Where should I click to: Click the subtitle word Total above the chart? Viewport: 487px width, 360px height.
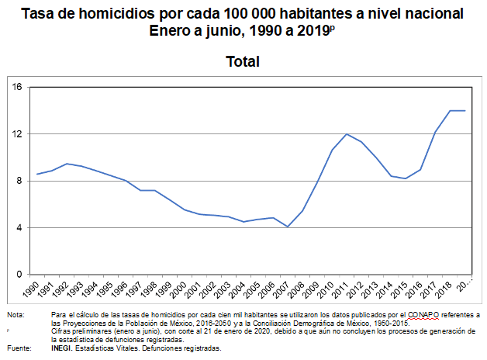tap(243, 61)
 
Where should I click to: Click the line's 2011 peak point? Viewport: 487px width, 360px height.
tap(347, 134)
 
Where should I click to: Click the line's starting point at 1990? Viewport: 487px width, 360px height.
tap(36, 174)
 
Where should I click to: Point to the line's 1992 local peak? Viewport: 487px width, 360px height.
tap(67, 164)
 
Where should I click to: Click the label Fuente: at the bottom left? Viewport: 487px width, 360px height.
tap(19, 348)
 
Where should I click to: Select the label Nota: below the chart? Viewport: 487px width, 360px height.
tap(16, 314)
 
